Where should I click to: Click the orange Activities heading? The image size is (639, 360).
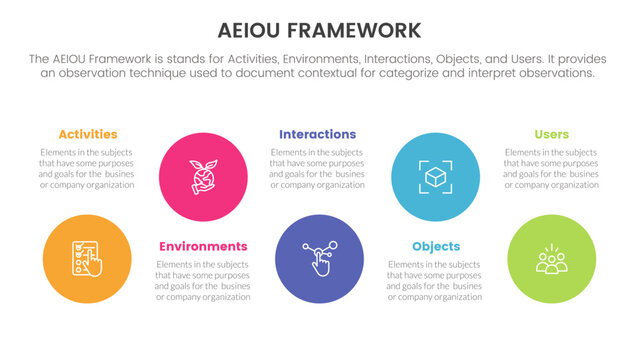tap(88, 134)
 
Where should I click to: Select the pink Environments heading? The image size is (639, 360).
tap(203, 246)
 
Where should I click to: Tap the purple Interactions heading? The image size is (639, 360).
tap(317, 134)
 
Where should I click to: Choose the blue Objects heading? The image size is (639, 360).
tap(436, 246)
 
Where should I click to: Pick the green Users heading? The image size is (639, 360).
tap(551, 134)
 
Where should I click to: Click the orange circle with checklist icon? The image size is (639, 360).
tap(88, 258)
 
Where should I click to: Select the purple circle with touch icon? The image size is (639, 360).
tap(318, 258)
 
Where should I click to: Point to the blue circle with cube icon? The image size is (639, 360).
tap(435, 176)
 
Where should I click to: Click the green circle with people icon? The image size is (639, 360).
tap(551, 258)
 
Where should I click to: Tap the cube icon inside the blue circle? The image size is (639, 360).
tap(435, 176)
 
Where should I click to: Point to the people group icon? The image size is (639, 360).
tap(551, 260)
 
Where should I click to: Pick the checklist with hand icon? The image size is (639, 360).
tap(88, 259)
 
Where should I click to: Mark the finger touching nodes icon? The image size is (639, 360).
tap(318, 259)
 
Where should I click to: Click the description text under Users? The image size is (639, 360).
tap(551, 168)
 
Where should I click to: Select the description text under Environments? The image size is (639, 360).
tap(203, 280)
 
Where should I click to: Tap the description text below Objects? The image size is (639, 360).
tap(436, 280)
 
